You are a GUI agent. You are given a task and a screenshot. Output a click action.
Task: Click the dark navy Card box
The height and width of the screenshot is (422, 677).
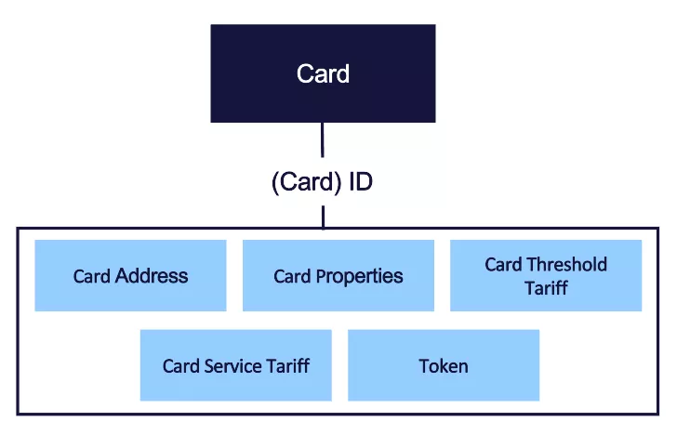coord(323,73)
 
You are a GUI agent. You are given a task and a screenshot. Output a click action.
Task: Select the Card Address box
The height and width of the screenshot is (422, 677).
coord(130,275)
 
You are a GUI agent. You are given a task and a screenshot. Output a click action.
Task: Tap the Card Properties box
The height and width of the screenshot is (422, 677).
coord(338,275)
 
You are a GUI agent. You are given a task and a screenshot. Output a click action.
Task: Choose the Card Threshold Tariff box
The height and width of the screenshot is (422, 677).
coord(546,275)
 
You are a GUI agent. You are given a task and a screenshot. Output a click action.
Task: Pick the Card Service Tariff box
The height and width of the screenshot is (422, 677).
coord(235,365)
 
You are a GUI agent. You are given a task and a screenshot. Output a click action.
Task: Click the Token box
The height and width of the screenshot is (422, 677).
coord(444,365)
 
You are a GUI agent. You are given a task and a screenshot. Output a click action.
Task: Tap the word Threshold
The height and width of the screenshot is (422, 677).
coord(566,265)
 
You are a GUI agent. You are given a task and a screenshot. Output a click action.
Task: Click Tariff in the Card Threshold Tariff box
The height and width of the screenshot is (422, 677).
coord(546,288)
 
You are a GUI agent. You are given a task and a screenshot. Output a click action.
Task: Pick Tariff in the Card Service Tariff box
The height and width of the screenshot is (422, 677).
coord(287,365)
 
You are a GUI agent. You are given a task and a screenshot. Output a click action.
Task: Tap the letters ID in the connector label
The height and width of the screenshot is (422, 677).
coord(361,182)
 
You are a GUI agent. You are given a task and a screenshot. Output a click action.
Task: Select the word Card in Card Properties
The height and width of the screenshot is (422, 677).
coord(292,276)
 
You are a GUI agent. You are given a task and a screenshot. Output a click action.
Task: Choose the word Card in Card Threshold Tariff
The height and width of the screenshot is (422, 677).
coord(503,265)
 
